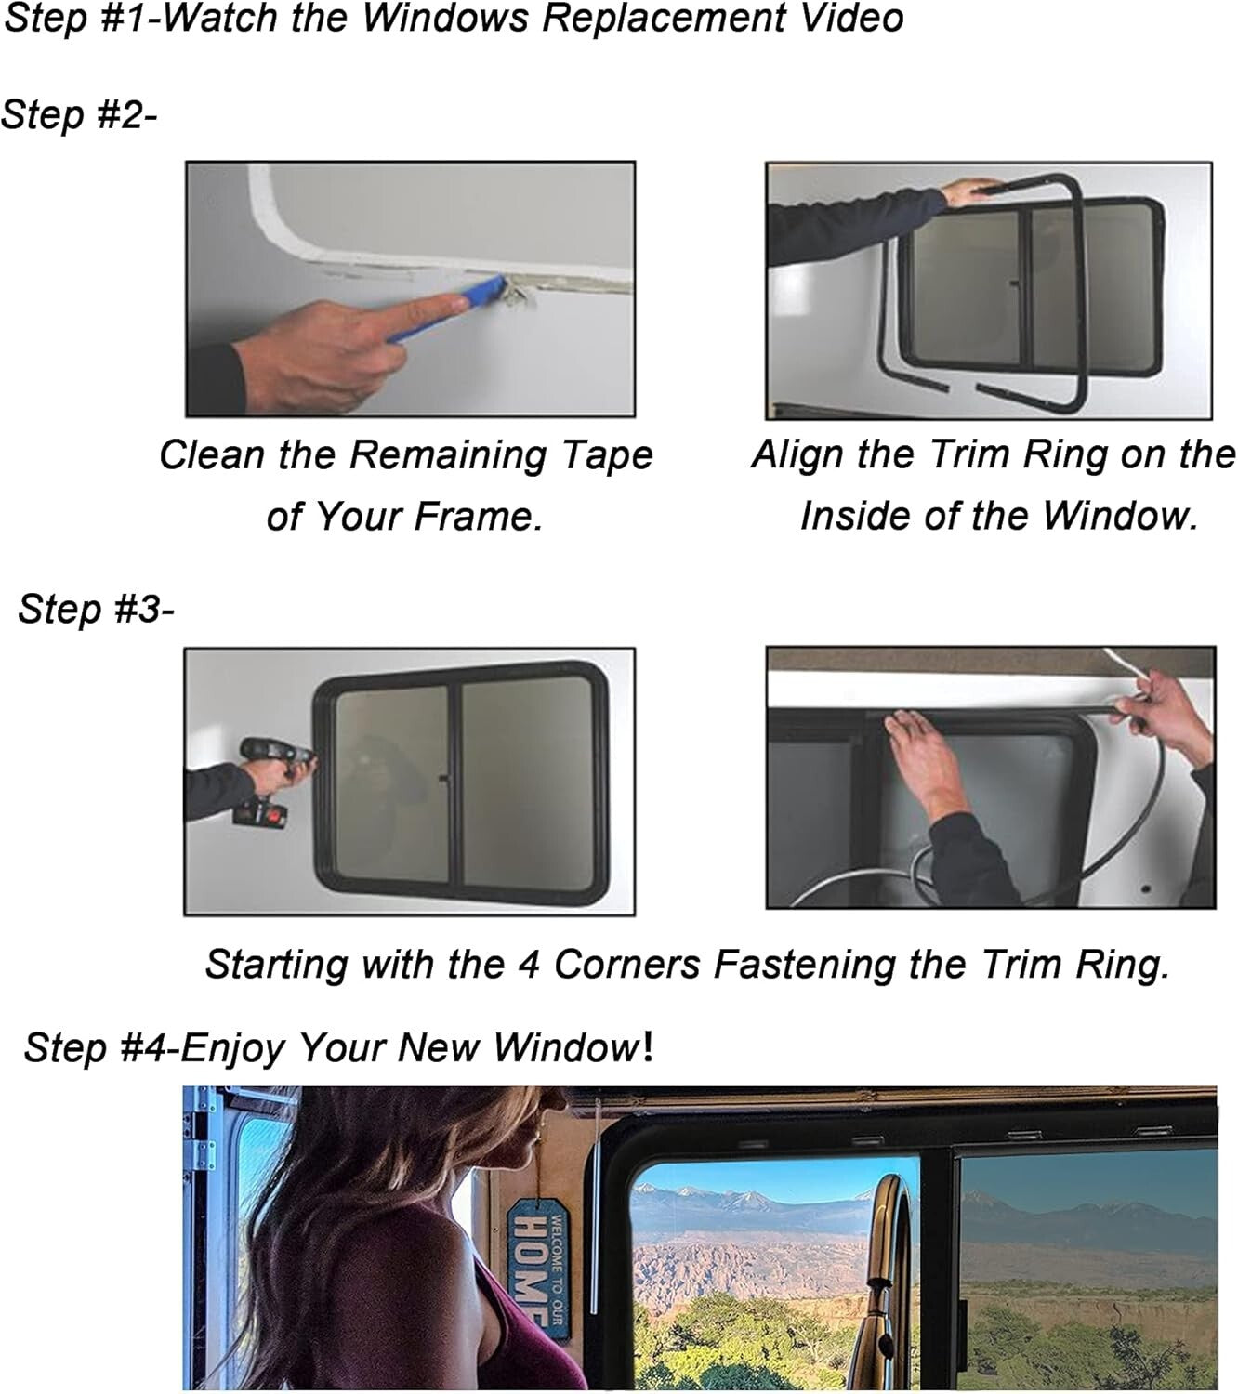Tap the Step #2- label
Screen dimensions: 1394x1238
[79, 115]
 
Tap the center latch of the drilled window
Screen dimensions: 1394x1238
[445, 778]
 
